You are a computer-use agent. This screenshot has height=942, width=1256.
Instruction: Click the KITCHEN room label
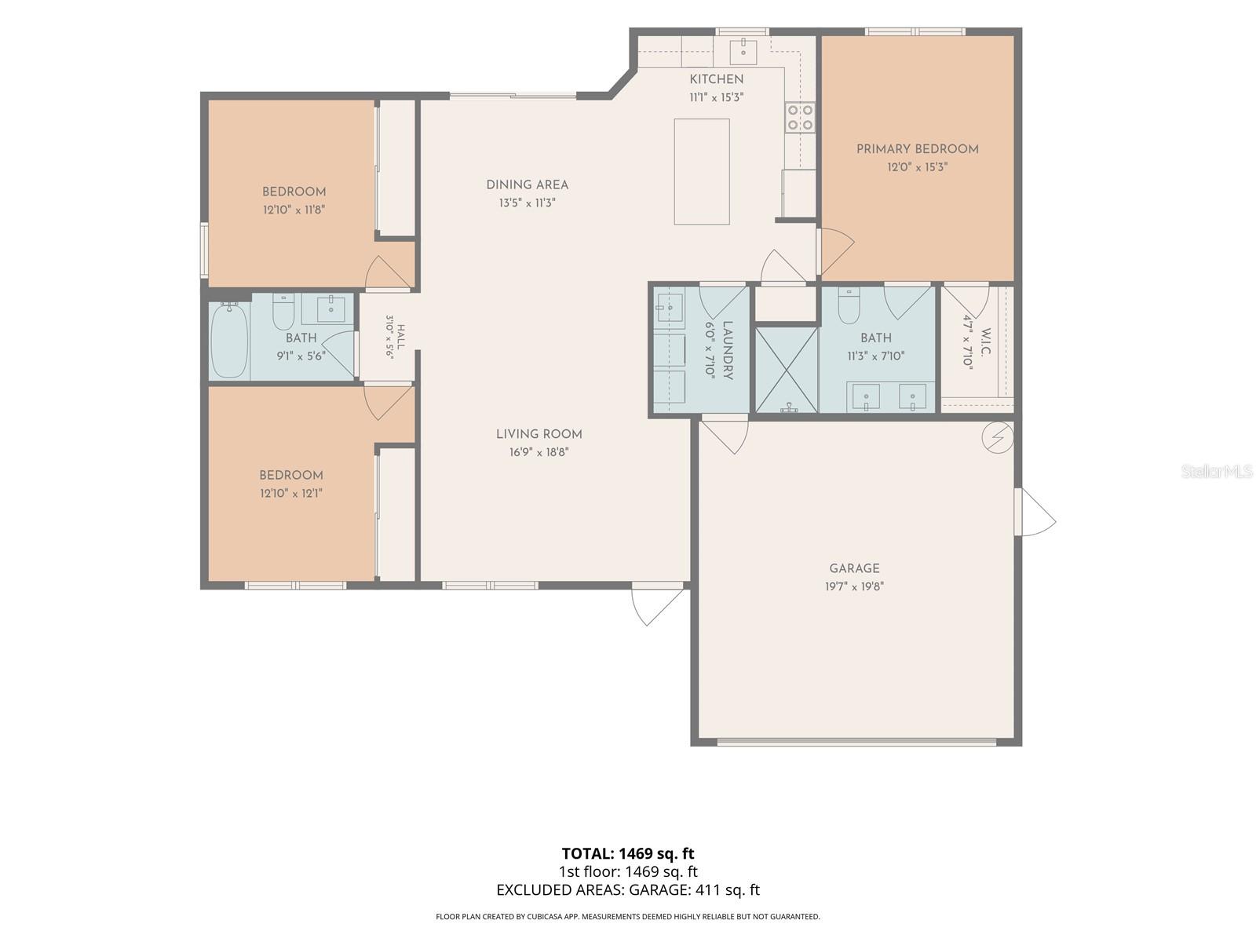(716, 79)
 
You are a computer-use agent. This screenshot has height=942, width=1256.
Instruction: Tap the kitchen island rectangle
(702, 172)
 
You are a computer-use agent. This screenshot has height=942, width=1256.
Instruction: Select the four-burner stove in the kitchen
(800, 117)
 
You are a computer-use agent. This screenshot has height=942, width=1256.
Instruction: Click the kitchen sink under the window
(743, 52)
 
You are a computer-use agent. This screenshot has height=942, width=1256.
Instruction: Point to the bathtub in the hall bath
(229, 341)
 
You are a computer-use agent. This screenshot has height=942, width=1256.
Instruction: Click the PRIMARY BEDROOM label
(917, 149)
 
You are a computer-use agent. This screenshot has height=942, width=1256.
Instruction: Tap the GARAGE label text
(854, 568)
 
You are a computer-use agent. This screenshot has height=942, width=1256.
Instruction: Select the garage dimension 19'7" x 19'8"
(854, 586)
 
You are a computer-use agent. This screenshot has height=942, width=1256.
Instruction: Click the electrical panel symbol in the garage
(998, 438)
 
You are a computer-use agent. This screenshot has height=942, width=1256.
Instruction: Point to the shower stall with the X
(787, 370)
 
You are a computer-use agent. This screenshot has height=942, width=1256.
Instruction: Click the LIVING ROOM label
(539, 434)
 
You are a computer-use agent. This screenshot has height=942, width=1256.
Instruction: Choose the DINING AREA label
(527, 184)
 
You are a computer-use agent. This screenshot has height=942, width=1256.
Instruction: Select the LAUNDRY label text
(727, 350)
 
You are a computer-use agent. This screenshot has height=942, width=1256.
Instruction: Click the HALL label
(400, 338)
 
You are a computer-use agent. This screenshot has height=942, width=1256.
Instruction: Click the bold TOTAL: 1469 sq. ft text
(628, 854)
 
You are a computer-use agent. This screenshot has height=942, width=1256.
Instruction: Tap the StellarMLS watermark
(1217, 471)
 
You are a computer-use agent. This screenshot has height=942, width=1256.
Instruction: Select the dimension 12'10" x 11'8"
(294, 210)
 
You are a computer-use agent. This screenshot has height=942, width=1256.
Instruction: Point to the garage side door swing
(1035, 512)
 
